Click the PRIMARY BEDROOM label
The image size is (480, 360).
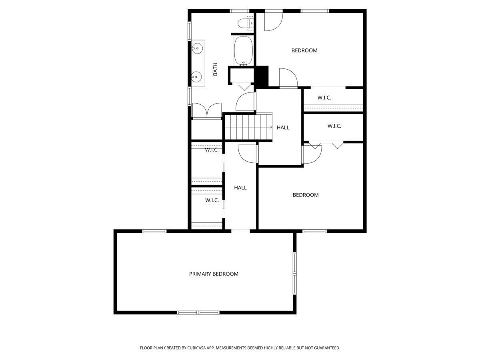214,274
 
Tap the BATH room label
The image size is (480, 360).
215,69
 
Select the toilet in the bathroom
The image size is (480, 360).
243,24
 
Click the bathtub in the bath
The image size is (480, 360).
243,51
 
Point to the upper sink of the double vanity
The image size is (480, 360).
197,49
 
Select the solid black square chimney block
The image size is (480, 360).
262,76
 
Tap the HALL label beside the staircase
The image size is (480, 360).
283,128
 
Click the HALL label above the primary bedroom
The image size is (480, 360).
240,188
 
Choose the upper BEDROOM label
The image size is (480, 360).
304,50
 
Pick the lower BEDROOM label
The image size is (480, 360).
306,195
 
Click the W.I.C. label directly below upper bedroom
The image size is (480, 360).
324,98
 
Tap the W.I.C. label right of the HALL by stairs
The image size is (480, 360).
334,126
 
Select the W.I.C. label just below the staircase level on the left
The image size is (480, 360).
212,150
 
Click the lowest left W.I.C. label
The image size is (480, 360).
212,200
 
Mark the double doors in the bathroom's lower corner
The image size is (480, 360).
207,111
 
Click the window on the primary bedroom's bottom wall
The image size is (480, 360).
198,312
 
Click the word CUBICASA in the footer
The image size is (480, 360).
194,348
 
